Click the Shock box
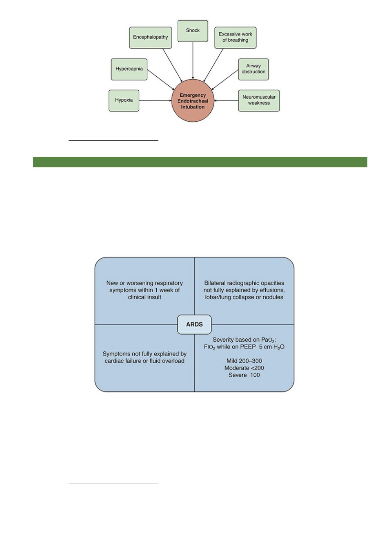193,31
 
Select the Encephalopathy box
150,38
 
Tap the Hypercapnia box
129,69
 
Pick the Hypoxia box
124,100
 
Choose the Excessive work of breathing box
235,38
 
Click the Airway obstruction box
253,69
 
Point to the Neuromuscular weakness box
259,100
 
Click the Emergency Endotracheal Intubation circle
193,101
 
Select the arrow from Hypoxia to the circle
155,100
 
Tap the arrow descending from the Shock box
193,60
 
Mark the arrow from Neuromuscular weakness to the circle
226,100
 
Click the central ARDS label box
194,324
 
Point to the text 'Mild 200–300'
244,361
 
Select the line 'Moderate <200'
244,368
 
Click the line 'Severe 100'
244,375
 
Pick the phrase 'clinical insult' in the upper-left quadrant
144,297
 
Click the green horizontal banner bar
200,162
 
